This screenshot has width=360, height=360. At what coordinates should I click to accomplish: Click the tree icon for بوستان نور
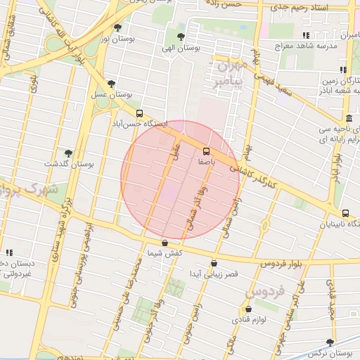(117, 28)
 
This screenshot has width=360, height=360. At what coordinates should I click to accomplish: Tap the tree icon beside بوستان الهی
(181, 37)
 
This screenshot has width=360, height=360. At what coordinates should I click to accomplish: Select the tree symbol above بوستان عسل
(111, 84)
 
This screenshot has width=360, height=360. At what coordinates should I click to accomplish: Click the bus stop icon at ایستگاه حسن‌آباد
(139, 113)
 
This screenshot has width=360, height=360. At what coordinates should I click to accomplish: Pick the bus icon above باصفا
(206, 151)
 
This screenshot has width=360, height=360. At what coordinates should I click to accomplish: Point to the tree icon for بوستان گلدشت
(68, 153)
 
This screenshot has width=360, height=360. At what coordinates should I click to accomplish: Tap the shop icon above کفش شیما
(165, 243)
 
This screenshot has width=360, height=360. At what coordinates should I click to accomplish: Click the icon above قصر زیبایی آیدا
(214, 264)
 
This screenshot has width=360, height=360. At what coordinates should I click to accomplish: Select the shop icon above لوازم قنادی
(247, 309)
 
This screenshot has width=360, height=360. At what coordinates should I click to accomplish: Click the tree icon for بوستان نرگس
(330, 342)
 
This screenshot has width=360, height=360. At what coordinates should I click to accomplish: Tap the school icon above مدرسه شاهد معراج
(305, 35)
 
